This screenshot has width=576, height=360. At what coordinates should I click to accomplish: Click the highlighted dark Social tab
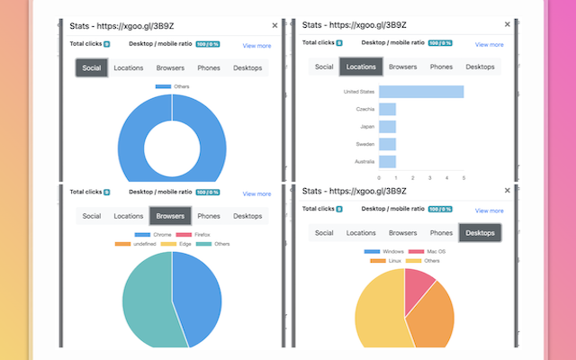point(92,67)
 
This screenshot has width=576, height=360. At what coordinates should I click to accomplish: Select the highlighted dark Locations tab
point(361,67)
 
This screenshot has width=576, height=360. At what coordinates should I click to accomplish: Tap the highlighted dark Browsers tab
point(170,216)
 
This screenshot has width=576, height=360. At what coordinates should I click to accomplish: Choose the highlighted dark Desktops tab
point(480,232)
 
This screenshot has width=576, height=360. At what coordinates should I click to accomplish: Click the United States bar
point(420,92)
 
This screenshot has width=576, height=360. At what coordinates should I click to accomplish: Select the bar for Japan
point(387,127)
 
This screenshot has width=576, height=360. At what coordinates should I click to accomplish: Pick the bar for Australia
point(387,161)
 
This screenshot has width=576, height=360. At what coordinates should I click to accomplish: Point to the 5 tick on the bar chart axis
point(463,177)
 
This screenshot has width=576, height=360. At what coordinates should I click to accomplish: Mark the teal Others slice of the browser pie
point(144,297)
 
